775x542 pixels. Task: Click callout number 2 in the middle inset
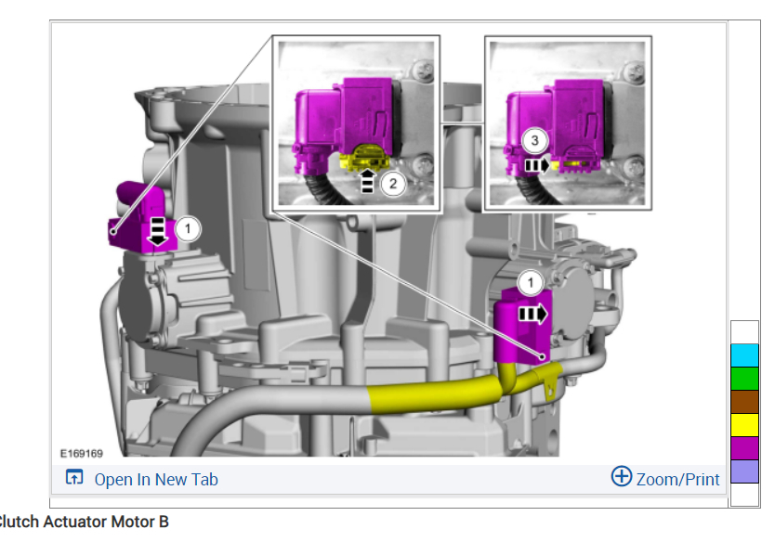tap(393, 184)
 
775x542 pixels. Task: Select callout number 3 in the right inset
tap(534, 141)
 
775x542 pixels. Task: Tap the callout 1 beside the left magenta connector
tap(188, 229)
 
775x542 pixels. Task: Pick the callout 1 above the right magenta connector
tap(531, 283)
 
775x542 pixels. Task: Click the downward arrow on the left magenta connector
tap(158, 231)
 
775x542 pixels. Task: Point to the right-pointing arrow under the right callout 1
tap(532, 314)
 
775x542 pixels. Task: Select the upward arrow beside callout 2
tap(367, 181)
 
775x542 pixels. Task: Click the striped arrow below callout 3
tap(537, 165)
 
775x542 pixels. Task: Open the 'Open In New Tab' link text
tap(156, 479)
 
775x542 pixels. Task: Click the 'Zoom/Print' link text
tap(677, 479)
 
